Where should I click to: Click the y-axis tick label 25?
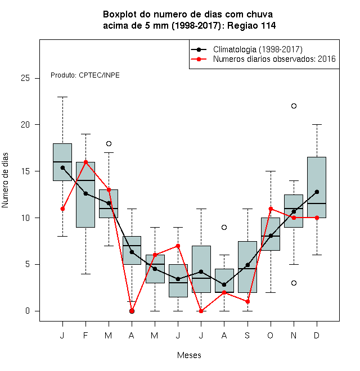coord(25,78)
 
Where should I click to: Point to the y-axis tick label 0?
coord(28,311)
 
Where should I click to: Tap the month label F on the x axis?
coord(85,335)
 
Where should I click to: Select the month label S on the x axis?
coord(247,335)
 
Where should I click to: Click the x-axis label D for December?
coord(317,335)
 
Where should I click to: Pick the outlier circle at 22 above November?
coord(294,106)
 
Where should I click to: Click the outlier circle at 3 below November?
coord(294,283)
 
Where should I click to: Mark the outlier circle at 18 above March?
coord(109,143)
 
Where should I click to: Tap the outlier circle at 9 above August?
coord(224,228)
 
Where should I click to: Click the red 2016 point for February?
coord(85,162)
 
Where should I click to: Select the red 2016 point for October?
coord(271,209)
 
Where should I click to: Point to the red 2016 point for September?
coord(247,302)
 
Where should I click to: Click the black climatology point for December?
coord(317,192)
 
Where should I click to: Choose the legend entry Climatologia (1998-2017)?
coord(258,49)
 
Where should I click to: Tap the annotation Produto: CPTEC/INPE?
coord(85,75)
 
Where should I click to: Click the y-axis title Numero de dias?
coord(5,180)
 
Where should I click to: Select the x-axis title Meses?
coord(189,355)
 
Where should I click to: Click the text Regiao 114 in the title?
coord(251,25)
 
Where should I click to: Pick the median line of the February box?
coord(85,180)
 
